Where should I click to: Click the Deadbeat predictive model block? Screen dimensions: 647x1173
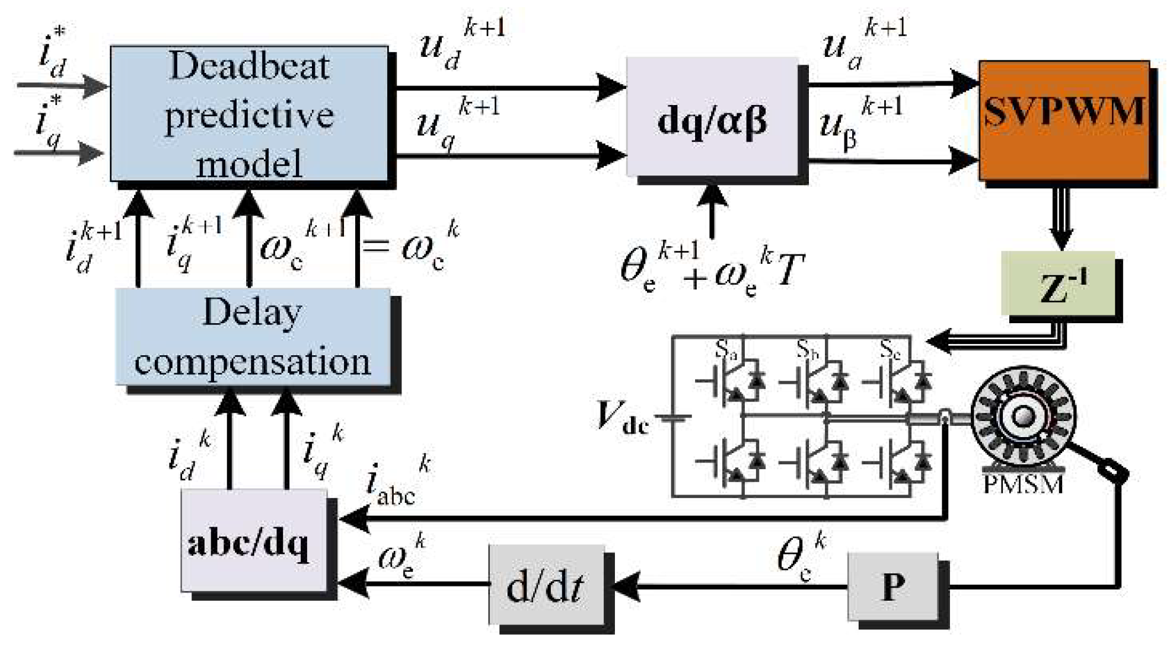pyautogui.click(x=249, y=113)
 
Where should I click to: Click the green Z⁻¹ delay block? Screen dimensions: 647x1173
pyautogui.click(x=1057, y=283)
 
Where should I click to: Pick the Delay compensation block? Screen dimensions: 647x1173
pyautogui.click(x=253, y=337)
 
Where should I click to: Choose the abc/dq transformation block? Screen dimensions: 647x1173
pyautogui.click(x=254, y=541)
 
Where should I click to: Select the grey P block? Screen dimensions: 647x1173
pyautogui.click(x=892, y=586)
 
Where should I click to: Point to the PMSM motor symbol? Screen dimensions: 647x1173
pyautogui.click(x=1022, y=417)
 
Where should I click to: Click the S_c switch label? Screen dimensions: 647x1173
pyautogui.click(x=890, y=349)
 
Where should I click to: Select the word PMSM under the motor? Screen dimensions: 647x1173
pyautogui.click(x=1022, y=485)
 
